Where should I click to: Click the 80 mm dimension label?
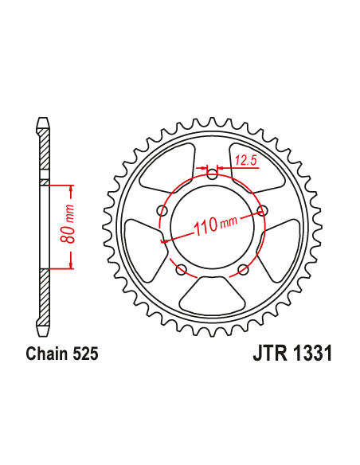(69, 228)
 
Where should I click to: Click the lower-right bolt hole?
(243, 268)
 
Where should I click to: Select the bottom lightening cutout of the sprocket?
(213, 296)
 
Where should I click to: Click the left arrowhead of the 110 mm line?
(164, 240)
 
